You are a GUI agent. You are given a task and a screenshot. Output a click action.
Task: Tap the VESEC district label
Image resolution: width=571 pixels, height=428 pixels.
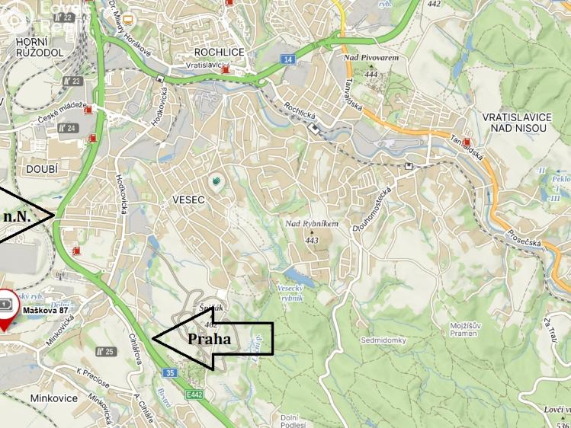189,200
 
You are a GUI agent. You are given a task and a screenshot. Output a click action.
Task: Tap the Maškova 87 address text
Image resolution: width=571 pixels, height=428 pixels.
47,310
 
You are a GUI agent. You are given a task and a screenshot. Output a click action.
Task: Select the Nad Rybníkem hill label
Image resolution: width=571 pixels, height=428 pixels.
311,224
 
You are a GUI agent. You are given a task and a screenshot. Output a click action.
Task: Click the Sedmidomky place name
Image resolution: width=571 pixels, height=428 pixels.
383,340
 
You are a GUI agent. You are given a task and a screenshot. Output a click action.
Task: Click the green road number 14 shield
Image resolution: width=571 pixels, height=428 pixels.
287,59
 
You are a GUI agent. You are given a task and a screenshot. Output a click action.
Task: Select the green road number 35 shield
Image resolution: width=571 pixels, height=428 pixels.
169,372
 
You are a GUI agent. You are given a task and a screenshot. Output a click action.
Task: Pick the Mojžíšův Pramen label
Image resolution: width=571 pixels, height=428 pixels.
464,329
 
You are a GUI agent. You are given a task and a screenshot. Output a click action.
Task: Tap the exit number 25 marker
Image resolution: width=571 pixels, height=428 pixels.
105,351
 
